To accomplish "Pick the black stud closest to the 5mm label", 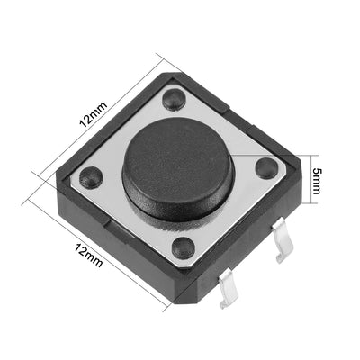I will (x=265, y=167).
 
